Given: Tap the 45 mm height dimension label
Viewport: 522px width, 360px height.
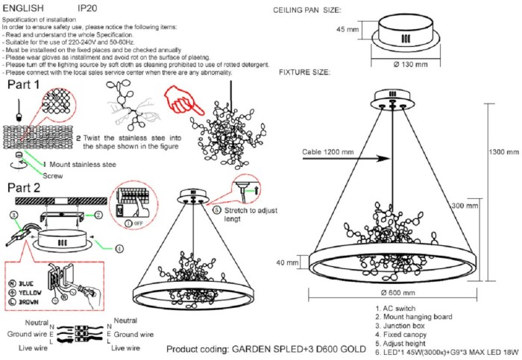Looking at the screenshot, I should pyautogui.click(x=348, y=30).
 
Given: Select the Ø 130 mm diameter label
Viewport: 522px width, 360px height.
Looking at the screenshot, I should pyautogui.click(x=410, y=64).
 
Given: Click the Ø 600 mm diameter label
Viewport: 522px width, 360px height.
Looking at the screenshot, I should pyautogui.click(x=397, y=291).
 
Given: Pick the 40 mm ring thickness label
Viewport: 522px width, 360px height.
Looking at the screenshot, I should pyautogui.click(x=289, y=262).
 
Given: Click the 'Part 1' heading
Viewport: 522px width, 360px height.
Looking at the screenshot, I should pyautogui.click(x=24, y=86).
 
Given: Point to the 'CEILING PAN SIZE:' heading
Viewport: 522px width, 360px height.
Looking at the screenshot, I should pyautogui.click(x=308, y=10).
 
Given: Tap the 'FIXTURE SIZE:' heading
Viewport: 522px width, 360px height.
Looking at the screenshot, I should pyautogui.click(x=304, y=73).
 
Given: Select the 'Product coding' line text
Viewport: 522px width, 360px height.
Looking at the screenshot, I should pyautogui.click(x=266, y=349).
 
